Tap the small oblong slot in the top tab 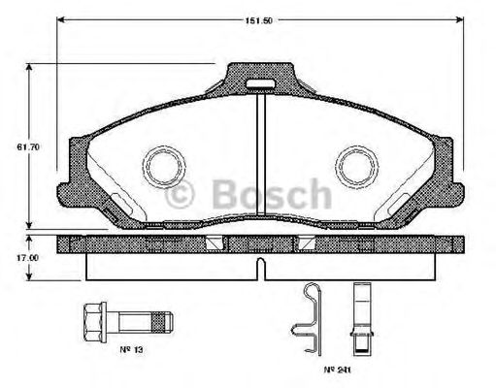258,84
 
